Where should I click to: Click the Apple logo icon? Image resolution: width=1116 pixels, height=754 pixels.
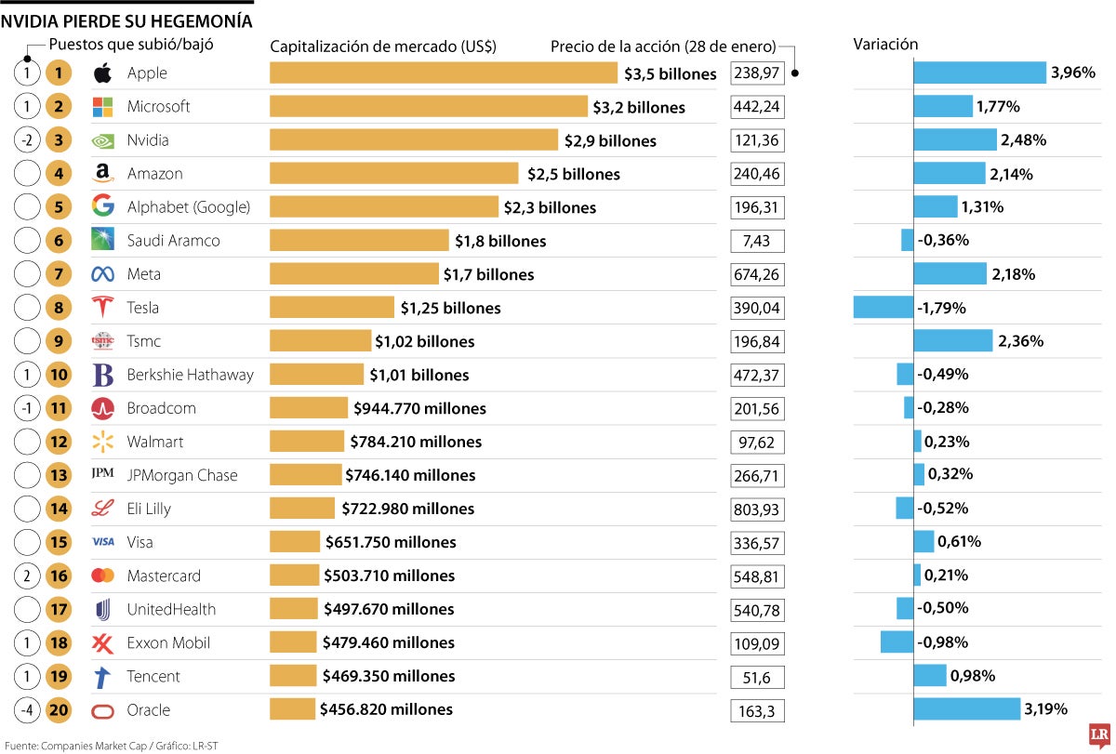(103, 73)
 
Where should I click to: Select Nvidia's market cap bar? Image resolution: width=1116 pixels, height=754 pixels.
(414, 140)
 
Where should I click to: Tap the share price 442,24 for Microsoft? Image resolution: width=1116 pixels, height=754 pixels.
(757, 107)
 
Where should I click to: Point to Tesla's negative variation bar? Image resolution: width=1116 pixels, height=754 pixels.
(883, 308)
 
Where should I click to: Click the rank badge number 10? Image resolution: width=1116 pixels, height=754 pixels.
(59, 375)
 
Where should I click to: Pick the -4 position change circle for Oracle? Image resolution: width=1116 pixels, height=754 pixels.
(29, 709)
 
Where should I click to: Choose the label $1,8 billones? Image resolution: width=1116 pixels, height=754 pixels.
(500, 241)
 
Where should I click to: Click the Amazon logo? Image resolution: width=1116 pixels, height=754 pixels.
(103, 174)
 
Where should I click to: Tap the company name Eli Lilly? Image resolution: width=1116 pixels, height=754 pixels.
(149, 509)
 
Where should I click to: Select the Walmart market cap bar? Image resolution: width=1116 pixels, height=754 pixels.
(307, 442)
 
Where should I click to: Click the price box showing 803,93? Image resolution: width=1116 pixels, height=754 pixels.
(757, 509)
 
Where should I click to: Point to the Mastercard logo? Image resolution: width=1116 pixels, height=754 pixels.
(103, 575)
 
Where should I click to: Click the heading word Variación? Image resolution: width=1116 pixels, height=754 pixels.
(885, 45)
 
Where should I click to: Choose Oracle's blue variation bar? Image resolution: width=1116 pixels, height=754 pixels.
(966, 709)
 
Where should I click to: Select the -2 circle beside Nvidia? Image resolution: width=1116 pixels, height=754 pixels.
(29, 140)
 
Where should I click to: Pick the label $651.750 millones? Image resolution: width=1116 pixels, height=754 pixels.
(391, 542)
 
